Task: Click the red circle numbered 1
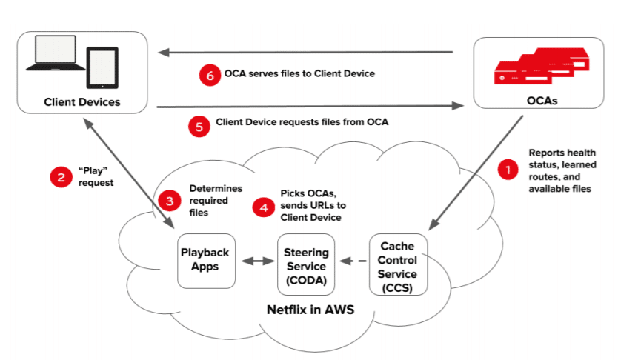pyautogui.click(x=508, y=170)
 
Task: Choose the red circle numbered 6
pyautogui.click(x=210, y=75)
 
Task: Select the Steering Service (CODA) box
pyautogui.click(x=306, y=265)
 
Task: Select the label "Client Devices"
pyautogui.click(x=82, y=102)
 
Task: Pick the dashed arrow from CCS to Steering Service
pyautogui.click(x=352, y=261)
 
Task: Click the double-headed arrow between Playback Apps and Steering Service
pyautogui.click(x=256, y=261)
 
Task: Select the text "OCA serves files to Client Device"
pyautogui.click(x=299, y=74)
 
